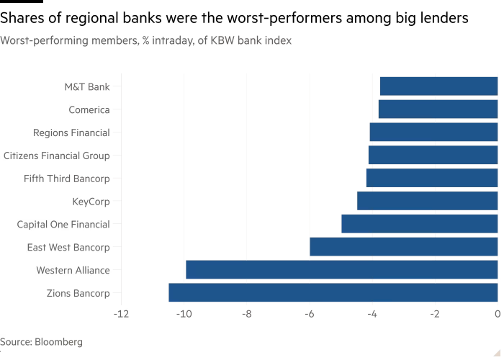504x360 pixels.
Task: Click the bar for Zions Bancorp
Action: pyautogui.click(x=333, y=293)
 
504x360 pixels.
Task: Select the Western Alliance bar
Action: pyautogui.click(x=341, y=270)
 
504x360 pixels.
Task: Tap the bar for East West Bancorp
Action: pyautogui.click(x=403, y=247)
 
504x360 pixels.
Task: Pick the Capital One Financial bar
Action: pyautogui.click(x=419, y=224)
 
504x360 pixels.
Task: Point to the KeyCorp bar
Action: pyautogui.click(x=427, y=201)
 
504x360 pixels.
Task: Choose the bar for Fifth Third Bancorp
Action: pyautogui.click(x=431, y=178)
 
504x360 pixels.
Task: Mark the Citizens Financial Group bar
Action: pyautogui.click(x=433, y=155)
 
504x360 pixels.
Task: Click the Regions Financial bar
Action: pyautogui.click(x=433, y=132)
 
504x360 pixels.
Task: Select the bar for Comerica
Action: pyautogui.click(x=438, y=109)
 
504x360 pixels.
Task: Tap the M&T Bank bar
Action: pyautogui.click(x=438, y=86)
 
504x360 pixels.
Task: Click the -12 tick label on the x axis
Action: pyautogui.click(x=121, y=314)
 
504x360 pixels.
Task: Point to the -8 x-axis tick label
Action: pyautogui.click(x=246, y=314)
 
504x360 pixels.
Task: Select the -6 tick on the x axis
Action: pyautogui.click(x=309, y=314)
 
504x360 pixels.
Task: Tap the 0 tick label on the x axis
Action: pyautogui.click(x=498, y=314)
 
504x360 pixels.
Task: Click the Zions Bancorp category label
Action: pyautogui.click(x=78, y=293)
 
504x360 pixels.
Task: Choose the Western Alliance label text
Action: pyautogui.click(x=73, y=270)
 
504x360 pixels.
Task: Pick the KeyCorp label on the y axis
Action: pyautogui.click(x=91, y=201)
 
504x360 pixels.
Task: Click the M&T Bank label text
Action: pyautogui.click(x=87, y=87)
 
